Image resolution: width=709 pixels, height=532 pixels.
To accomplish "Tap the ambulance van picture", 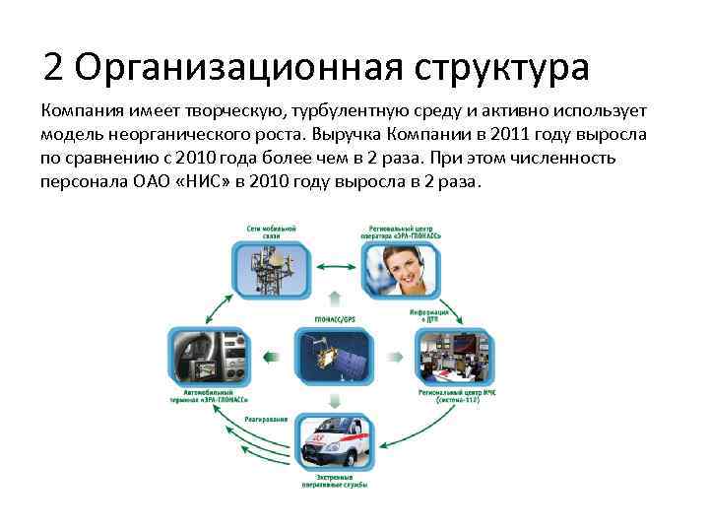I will pyautogui.click(x=335, y=446).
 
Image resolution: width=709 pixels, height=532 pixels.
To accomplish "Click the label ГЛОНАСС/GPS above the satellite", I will pyautogui.click(x=334, y=321).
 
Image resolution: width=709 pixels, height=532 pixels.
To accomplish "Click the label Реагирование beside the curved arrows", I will pyautogui.click(x=268, y=420).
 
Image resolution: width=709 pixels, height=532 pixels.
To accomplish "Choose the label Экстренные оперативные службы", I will pyautogui.click(x=335, y=483).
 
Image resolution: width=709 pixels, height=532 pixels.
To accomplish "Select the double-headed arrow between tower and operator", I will pyautogui.click(x=334, y=267).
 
